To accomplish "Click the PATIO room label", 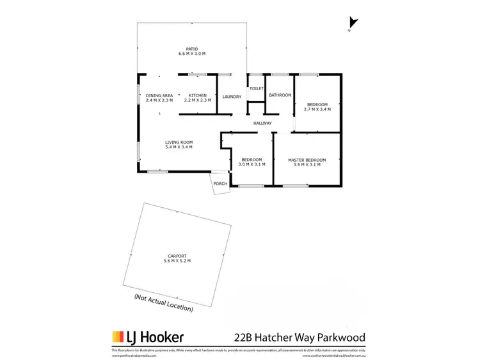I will pyautogui.click(x=191, y=49).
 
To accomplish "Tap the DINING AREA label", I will pyautogui.click(x=159, y=95).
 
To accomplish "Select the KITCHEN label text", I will pyautogui.click(x=197, y=95).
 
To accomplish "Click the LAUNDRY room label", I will pyautogui.click(x=232, y=97).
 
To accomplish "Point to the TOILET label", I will pyautogui.click(x=257, y=88).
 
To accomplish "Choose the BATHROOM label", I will pyautogui.click(x=280, y=95).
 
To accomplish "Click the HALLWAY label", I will pyautogui.click(x=262, y=123).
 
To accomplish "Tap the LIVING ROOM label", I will pyautogui.click(x=179, y=142).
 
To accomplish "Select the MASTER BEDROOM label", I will pyautogui.click(x=307, y=159).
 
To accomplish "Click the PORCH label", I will pyautogui.click(x=220, y=184).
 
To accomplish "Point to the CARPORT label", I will pyautogui.click(x=177, y=256).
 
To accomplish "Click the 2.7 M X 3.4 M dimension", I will pyautogui.click(x=317, y=109).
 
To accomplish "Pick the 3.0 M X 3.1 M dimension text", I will pyautogui.click(x=252, y=164).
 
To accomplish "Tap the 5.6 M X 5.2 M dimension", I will pyautogui.click(x=177, y=261).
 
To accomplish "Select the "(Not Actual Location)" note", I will pyautogui.click(x=163, y=302).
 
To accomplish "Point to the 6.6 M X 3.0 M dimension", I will pyautogui.click(x=191, y=54).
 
